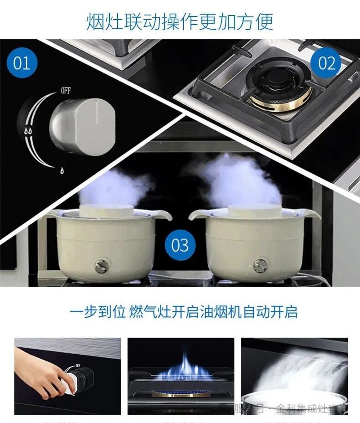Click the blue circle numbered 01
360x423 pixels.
pyautogui.click(x=21, y=63)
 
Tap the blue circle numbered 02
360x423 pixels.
pyautogui.click(x=326, y=63)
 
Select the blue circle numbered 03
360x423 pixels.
pyautogui.click(x=180, y=245)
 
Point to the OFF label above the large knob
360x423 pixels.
pyautogui.click(x=66, y=91)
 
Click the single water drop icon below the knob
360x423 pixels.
pyautogui.click(x=61, y=170)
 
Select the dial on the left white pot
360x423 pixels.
pyautogui.click(x=101, y=265)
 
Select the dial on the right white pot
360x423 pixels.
pyautogui.click(x=260, y=265)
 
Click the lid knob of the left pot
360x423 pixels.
pyautogui.click(x=107, y=211)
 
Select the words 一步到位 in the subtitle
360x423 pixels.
pyautogui.click(x=98, y=312)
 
